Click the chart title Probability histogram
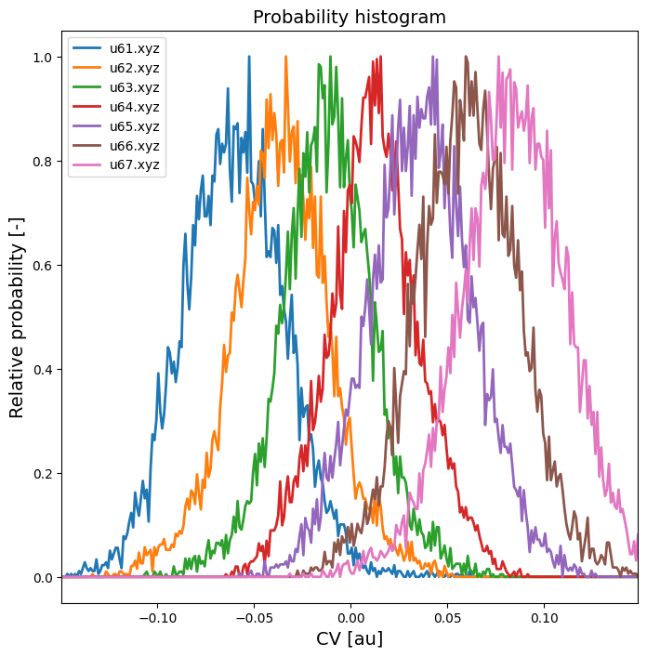(x=350, y=17)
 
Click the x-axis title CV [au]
(x=350, y=638)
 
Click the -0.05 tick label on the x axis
(x=253, y=617)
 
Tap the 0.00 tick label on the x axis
(x=350, y=617)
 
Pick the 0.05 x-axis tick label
(x=447, y=617)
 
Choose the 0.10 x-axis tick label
(x=545, y=617)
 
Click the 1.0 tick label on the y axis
(x=44, y=58)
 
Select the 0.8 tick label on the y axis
(x=44, y=162)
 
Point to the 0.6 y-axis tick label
(x=44, y=266)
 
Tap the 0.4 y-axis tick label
(x=44, y=370)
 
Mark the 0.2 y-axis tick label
(x=44, y=474)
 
